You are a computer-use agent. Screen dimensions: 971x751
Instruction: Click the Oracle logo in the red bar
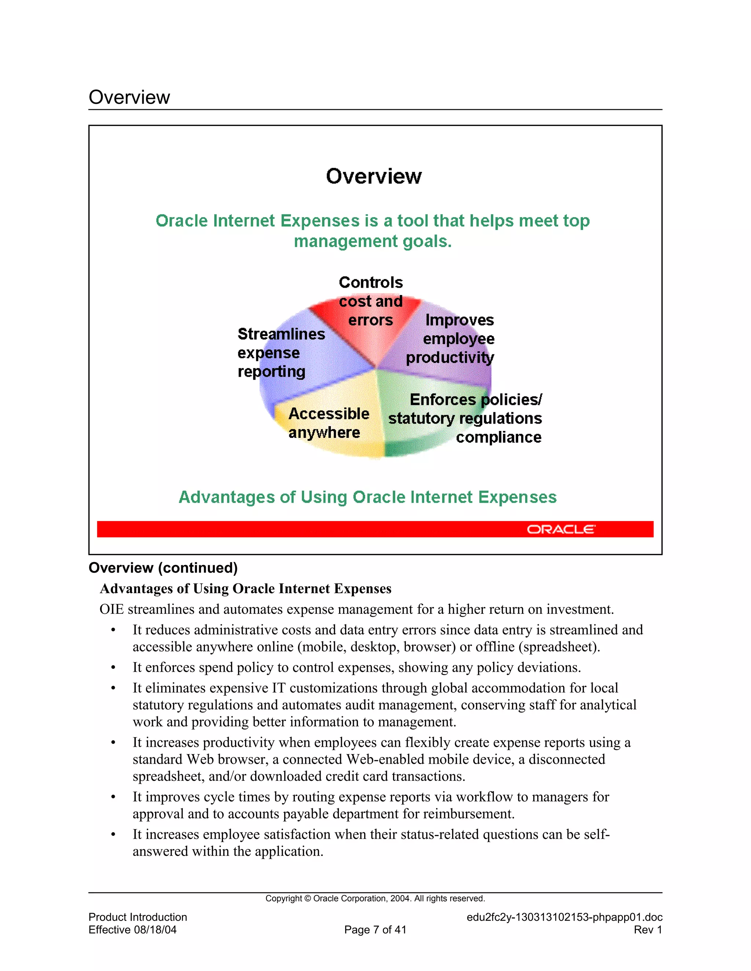click(561, 529)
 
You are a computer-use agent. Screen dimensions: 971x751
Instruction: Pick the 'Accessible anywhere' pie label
click(328, 423)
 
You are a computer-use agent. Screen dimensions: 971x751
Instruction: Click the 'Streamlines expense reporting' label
click(281, 352)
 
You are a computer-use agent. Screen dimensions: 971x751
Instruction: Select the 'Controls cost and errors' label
click(371, 301)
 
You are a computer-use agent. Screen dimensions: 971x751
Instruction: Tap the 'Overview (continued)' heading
click(163, 568)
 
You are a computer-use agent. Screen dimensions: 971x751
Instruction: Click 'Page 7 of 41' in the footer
click(375, 930)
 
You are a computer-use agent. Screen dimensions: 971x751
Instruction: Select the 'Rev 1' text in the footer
click(648, 930)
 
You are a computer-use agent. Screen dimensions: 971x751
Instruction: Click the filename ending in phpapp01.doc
click(564, 917)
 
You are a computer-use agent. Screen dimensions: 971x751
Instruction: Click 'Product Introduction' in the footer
click(138, 917)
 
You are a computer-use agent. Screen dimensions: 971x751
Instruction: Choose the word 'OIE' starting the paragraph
click(111, 609)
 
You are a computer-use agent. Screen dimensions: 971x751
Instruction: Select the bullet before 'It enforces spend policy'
click(113, 668)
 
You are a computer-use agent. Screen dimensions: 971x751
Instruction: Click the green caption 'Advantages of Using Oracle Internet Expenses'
click(367, 497)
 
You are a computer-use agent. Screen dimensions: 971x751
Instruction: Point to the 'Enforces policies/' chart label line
click(476, 399)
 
